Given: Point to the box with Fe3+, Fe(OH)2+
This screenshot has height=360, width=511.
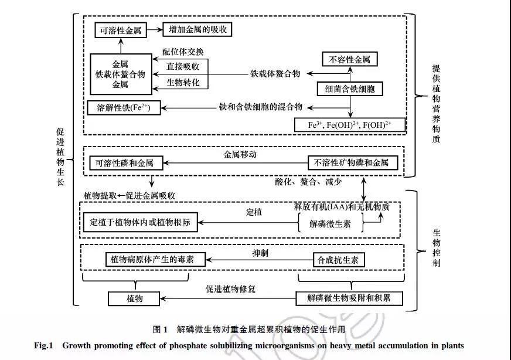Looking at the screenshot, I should pos(350,125).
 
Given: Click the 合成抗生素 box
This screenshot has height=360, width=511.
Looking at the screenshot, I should pos(338,260).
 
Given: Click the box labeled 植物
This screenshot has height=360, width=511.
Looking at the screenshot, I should pos(135,298).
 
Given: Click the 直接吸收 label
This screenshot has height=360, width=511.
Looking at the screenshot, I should pos(183,67).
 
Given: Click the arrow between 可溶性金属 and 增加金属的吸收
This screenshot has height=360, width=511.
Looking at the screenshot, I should pos(154,29).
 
